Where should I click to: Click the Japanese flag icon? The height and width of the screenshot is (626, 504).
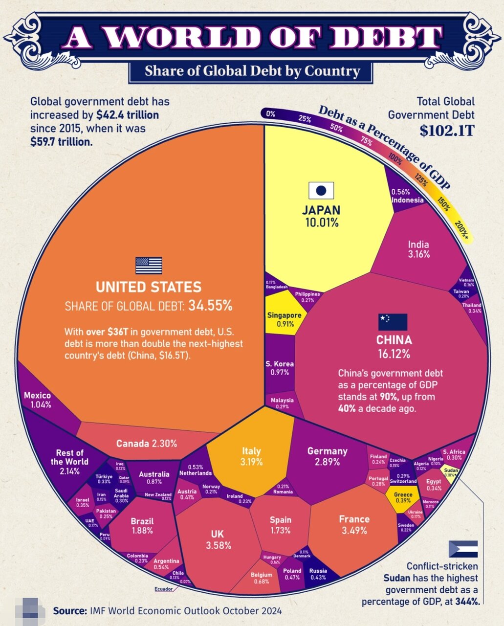(321, 190)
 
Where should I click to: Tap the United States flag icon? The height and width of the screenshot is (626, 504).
(149, 266)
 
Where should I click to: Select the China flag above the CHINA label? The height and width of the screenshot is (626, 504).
(393, 322)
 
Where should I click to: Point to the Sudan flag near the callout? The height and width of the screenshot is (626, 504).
(463, 549)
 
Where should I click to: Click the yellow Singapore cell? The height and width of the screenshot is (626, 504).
(284, 319)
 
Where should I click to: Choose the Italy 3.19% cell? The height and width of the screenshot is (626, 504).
(251, 456)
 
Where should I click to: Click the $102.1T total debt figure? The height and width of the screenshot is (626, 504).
(447, 131)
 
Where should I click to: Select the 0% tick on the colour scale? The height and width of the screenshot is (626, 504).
(270, 114)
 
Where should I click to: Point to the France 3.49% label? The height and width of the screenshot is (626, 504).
(354, 525)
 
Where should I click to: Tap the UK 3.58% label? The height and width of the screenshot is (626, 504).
(218, 539)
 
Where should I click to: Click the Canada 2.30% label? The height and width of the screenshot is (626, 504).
(146, 444)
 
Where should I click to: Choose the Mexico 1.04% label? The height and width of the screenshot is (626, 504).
(37, 400)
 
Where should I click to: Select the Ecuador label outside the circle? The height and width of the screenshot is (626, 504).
(163, 589)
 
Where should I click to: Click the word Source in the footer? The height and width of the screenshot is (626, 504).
(70, 611)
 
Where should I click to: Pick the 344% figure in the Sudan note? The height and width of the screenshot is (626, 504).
(467, 601)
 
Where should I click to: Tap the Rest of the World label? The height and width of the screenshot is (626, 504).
(69, 462)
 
